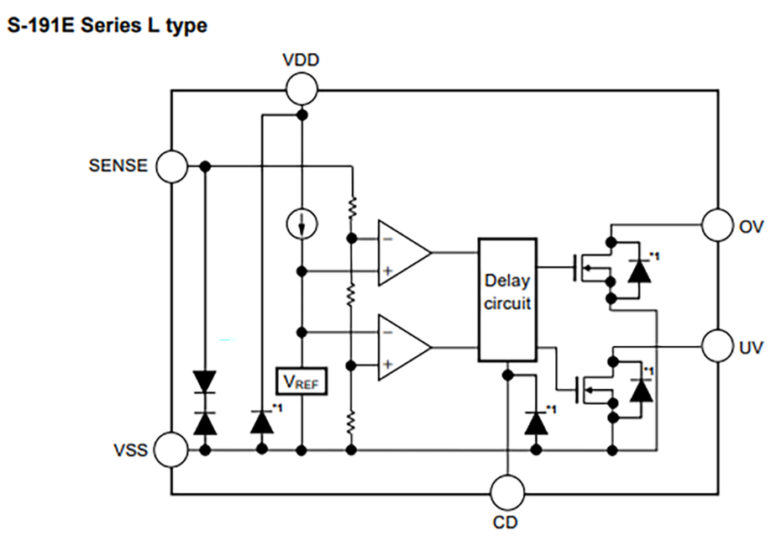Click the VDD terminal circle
point(301,87)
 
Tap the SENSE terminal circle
point(171,166)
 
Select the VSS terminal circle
point(171,450)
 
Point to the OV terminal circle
point(718,225)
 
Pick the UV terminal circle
point(718,345)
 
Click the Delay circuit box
point(507,300)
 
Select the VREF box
point(301,382)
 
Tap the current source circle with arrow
point(301,224)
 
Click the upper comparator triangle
point(402,253)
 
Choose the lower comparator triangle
point(402,346)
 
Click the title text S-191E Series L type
point(107,26)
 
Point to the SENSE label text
point(118,166)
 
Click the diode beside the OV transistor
point(639,270)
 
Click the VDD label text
point(301,60)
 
